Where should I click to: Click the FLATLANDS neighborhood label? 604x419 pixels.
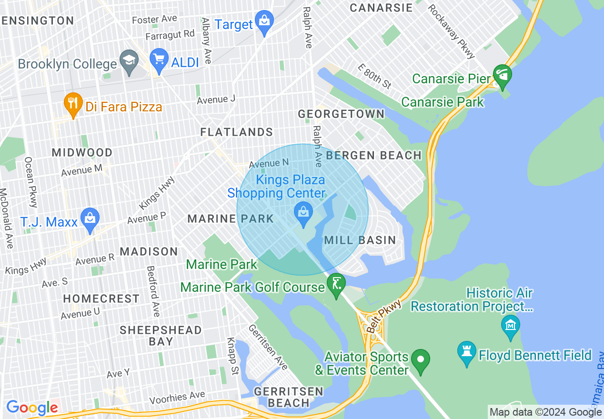(236, 132)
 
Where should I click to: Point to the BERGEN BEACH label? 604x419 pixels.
(374, 155)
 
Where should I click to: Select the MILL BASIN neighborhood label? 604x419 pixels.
(360, 240)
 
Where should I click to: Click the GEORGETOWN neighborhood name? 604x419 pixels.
(341, 114)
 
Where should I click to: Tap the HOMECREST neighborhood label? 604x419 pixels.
(101, 299)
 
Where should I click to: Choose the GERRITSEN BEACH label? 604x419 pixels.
(288, 397)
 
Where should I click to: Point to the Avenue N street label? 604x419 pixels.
(269, 163)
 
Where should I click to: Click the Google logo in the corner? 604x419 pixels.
(32, 408)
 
